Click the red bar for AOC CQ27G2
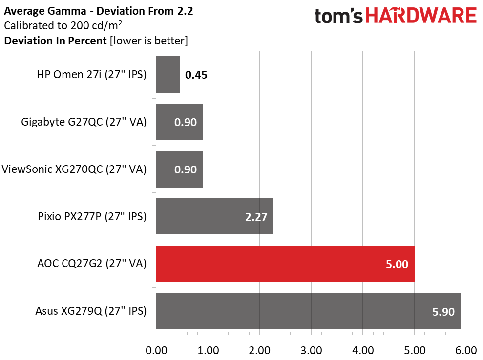[x=285, y=264]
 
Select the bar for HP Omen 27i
[x=168, y=74]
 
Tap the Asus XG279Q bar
[x=308, y=311]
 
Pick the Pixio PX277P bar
[x=215, y=216]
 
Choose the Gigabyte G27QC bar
[x=179, y=122]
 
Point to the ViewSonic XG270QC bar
[x=179, y=169]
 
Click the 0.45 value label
[x=196, y=75]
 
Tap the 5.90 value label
[x=443, y=312]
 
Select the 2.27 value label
[x=256, y=217]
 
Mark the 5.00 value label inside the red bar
[x=397, y=264]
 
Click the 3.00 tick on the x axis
[x=311, y=350]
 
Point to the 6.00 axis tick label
[x=466, y=350]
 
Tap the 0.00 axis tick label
[x=156, y=350]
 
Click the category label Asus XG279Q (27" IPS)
[x=91, y=311]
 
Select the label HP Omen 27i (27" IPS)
[x=91, y=75]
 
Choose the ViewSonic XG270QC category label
[x=74, y=169]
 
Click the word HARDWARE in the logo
[x=421, y=16]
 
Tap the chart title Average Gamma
[x=45, y=11]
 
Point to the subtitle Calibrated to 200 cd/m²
[x=63, y=25]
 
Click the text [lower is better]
[x=149, y=41]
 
